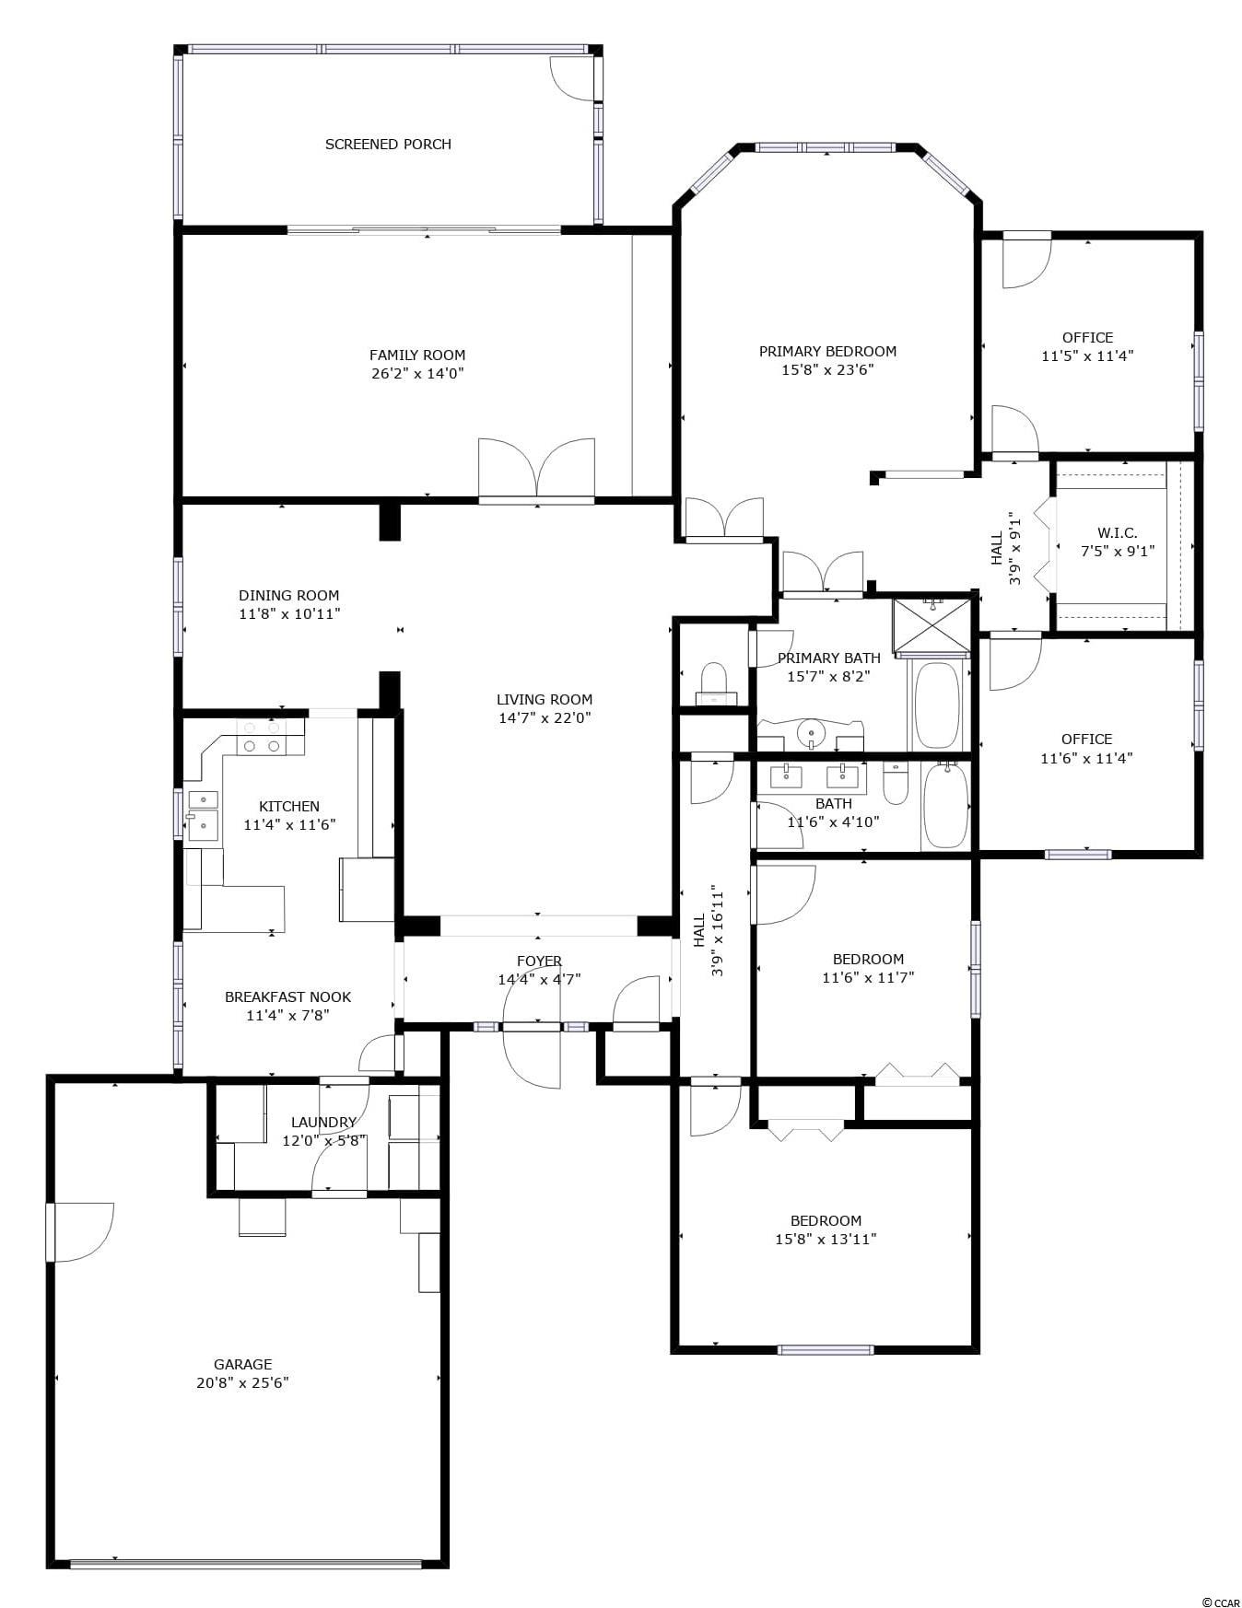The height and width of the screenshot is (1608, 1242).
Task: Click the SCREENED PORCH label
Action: point(388,144)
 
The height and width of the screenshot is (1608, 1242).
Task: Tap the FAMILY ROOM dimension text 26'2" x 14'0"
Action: point(416,373)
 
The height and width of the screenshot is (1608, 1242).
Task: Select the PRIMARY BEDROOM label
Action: point(827,351)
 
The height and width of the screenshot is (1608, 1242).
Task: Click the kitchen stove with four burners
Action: point(262,736)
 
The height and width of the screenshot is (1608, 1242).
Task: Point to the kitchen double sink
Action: point(203,816)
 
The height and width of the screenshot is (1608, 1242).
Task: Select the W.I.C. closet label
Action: point(1117,532)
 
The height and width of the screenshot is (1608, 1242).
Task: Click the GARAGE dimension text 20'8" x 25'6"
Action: point(242,1382)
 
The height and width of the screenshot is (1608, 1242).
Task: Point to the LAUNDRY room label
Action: point(323,1122)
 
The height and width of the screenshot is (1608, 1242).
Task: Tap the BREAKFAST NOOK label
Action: point(287,996)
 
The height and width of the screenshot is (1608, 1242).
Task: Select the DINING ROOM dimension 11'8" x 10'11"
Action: point(289,613)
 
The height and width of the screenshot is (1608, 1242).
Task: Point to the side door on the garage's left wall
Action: point(80,1232)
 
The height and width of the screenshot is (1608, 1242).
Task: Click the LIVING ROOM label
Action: point(545,699)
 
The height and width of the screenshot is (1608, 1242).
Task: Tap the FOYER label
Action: point(539,961)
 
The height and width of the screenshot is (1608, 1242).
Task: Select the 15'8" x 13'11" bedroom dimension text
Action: point(826,1239)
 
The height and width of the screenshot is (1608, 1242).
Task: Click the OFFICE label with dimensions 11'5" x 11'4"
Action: point(1087,337)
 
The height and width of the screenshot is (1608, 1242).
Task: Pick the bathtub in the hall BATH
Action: point(945,805)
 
